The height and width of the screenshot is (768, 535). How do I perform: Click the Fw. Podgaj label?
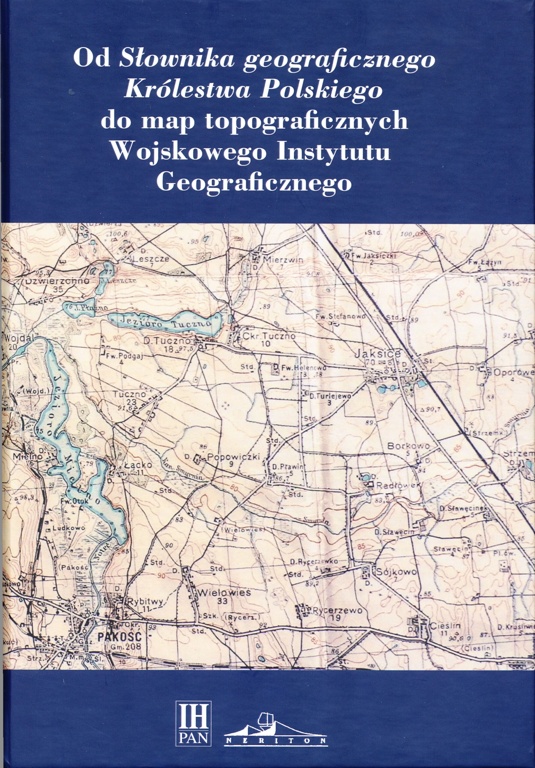pos(125,356)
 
